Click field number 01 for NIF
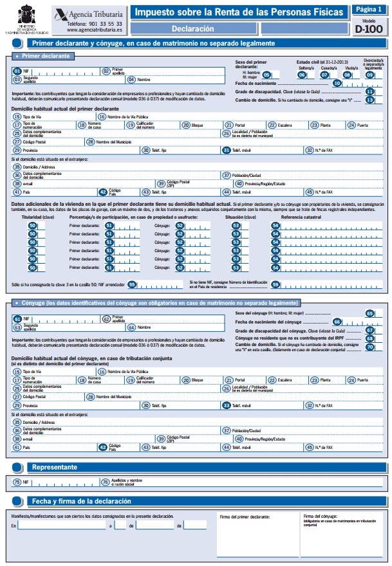[17, 71]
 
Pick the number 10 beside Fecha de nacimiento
[337, 84]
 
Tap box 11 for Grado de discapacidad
[369, 92]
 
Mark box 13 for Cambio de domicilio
[369, 100]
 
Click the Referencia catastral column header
[301, 218]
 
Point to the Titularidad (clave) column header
[37, 218]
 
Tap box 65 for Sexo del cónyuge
[369, 313]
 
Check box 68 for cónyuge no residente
[369, 338]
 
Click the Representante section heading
[55, 467]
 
